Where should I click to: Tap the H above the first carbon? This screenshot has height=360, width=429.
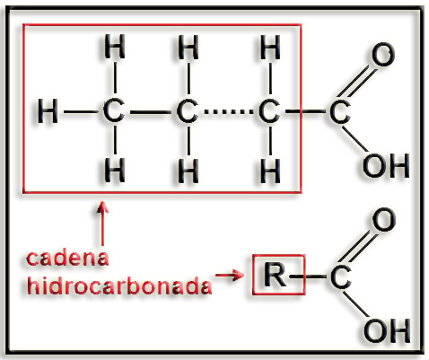point(115,47)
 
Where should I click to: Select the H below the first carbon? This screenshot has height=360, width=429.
point(115,170)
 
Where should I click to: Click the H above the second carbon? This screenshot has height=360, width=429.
point(188,47)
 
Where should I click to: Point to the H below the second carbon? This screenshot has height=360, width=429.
point(188,170)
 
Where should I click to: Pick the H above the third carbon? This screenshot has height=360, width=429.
point(270,47)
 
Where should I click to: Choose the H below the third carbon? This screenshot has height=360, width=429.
point(270,170)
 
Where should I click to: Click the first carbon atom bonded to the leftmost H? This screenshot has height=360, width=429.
point(114,111)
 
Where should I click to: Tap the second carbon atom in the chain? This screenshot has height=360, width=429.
point(188,111)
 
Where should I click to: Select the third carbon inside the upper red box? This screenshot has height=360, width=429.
point(269,111)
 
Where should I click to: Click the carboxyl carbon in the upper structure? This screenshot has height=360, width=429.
point(340,111)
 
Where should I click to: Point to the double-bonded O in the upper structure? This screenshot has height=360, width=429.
point(383,55)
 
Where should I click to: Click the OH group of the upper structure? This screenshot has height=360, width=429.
point(386,165)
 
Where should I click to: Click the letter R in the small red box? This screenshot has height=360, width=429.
point(275,275)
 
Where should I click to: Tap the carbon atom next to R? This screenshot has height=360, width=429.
point(341,277)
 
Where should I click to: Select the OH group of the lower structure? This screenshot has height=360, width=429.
point(387,330)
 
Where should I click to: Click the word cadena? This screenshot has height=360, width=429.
point(67,258)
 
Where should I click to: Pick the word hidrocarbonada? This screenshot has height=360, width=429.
point(119,285)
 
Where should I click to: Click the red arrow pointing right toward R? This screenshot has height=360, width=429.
point(230,275)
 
